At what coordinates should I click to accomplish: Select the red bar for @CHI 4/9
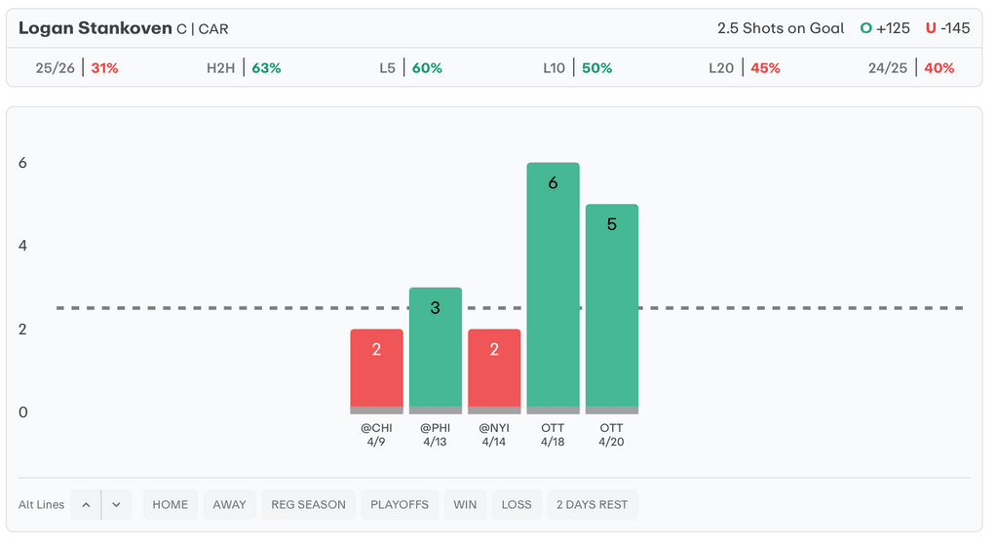376,371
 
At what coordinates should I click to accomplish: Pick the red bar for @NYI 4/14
494,371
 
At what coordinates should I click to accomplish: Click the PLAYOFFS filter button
400,504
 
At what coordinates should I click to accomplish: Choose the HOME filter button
171,504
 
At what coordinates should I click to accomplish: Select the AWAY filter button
230,504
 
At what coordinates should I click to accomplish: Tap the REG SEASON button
308,504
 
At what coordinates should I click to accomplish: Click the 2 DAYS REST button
593,504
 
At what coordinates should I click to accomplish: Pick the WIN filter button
465,504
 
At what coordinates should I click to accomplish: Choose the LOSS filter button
517,504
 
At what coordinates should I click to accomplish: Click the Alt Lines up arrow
86,504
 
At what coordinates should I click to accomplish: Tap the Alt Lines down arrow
116,504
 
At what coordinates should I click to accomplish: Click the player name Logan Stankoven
95,28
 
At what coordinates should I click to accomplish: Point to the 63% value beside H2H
266,68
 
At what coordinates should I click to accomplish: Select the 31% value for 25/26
104,68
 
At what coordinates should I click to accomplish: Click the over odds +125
893,28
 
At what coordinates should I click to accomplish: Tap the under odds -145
955,28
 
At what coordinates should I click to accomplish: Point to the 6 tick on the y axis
22,163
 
